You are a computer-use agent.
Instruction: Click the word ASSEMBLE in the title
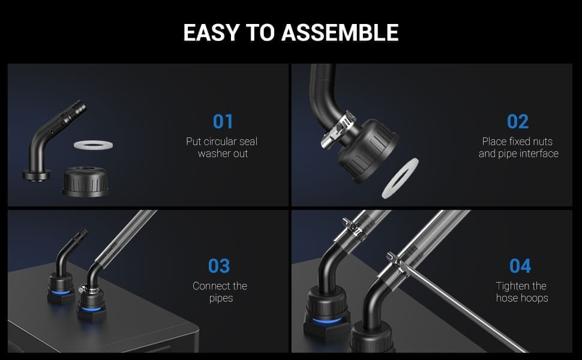[x=340, y=32]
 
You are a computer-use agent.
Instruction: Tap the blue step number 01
[x=223, y=122]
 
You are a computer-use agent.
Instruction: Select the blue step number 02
[x=518, y=122]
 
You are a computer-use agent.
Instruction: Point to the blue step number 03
[x=219, y=266]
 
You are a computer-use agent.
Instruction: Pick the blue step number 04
[x=520, y=266]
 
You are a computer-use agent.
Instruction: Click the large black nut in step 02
[x=367, y=151]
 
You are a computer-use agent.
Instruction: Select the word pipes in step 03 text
[x=221, y=298]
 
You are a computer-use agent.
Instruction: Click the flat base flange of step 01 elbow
[x=37, y=175]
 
